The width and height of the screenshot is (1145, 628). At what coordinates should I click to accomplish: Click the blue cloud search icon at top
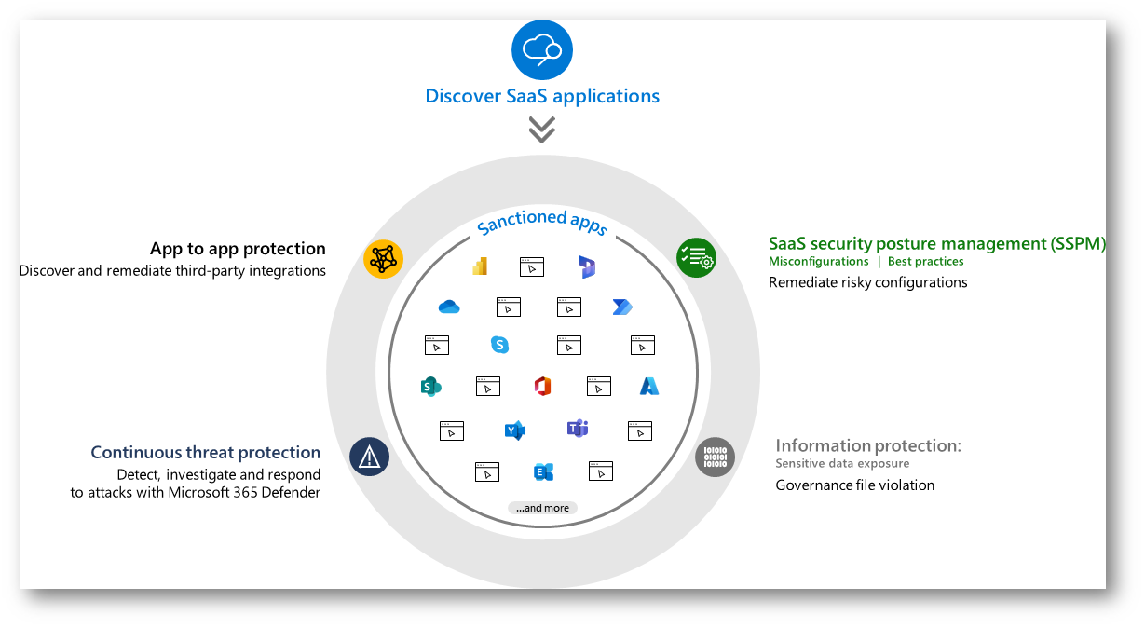coord(542,49)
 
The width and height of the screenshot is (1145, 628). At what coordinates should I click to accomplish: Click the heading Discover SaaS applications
coord(542,96)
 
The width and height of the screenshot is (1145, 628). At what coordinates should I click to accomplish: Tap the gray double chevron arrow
coord(542,130)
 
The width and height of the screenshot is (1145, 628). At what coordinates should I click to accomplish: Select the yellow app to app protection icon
coord(383,260)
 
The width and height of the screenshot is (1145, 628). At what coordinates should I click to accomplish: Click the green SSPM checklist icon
coord(696,258)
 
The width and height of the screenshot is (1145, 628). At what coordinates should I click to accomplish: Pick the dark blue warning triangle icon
coord(370,457)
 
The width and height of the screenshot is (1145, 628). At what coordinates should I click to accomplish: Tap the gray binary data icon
coord(716,457)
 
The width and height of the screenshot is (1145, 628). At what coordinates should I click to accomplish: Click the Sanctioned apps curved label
coord(542,222)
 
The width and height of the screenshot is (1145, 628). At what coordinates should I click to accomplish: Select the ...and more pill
coord(542,508)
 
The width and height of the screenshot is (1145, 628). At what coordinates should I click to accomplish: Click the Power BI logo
coord(481,266)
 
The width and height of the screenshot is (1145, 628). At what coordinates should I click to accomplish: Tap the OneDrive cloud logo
coord(449,307)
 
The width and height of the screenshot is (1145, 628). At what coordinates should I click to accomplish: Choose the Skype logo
coord(500,345)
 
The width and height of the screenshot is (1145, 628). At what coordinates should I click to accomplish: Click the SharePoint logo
coord(430,386)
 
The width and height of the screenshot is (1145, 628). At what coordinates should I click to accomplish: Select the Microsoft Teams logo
coord(578,429)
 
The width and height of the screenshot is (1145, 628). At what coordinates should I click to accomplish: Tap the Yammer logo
coord(514,430)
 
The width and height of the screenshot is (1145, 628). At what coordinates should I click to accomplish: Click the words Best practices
coord(925,262)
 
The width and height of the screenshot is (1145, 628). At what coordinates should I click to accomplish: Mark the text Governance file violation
coord(854,485)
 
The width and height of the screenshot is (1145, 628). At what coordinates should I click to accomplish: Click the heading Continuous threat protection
coord(205,453)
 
